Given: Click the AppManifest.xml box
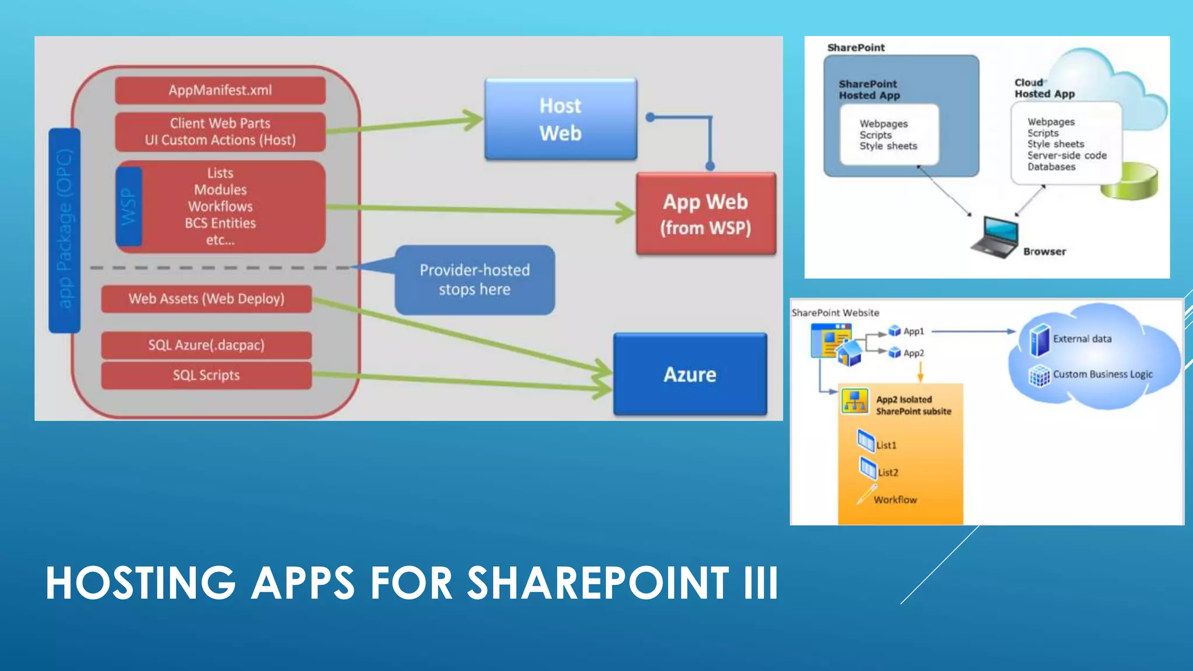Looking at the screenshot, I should tap(220, 90).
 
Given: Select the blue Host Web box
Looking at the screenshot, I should tap(560, 119).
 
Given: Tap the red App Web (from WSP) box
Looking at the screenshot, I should tap(705, 214).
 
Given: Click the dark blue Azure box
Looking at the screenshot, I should tap(690, 375).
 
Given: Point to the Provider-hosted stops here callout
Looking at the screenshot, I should tap(475, 280).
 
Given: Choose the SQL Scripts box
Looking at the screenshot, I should tap(206, 376).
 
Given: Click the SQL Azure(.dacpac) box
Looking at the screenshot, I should tap(206, 345).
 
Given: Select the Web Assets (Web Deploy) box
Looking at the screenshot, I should tap(206, 299).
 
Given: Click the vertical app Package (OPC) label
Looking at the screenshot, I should tap(65, 230).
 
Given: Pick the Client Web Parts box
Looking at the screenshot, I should tap(220, 132).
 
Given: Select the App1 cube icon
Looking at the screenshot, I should tap(895, 331).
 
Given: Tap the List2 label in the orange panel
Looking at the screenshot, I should tap(888, 472).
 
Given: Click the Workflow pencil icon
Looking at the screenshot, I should tap(866, 495).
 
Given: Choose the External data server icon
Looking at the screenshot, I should tap(1039, 340).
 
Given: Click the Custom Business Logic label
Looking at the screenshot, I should tap(1102, 375).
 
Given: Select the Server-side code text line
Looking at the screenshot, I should tap(1067, 156).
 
